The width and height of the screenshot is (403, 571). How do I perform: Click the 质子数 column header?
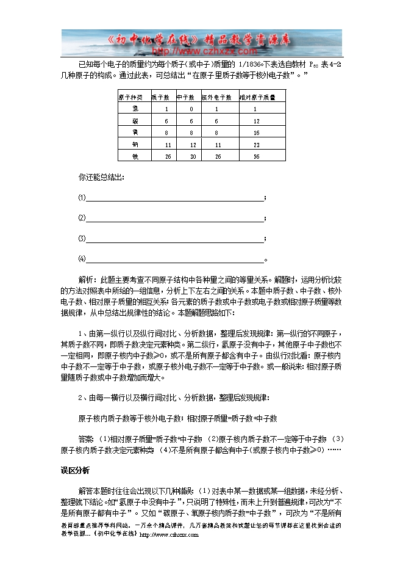pyautogui.click(x=160, y=97)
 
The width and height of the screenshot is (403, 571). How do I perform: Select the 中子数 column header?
pyautogui.click(x=185, y=97)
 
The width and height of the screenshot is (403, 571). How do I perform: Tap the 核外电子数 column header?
pyautogui.click(x=216, y=97)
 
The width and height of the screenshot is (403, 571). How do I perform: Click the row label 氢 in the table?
pyautogui.click(x=135, y=109)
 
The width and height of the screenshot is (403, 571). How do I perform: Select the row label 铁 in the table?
pyautogui.click(x=135, y=156)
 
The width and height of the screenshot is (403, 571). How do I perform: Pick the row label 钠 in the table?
pyautogui.click(x=135, y=145)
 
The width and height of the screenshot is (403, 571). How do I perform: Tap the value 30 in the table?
pyautogui.click(x=193, y=156)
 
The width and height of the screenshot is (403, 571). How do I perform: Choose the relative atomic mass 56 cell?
pyautogui.click(x=257, y=156)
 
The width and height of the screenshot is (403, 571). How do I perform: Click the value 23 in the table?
pyautogui.click(x=257, y=145)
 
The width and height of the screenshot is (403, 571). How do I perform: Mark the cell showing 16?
pyautogui.click(x=257, y=133)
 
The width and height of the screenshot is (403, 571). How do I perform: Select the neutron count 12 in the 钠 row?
pyautogui.click(x=193, y=145)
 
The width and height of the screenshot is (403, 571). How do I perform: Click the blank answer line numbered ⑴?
pyautogui.click(x=174, y=198)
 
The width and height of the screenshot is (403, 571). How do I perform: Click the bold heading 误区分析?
pyautogui.click(x=75, y=470)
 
